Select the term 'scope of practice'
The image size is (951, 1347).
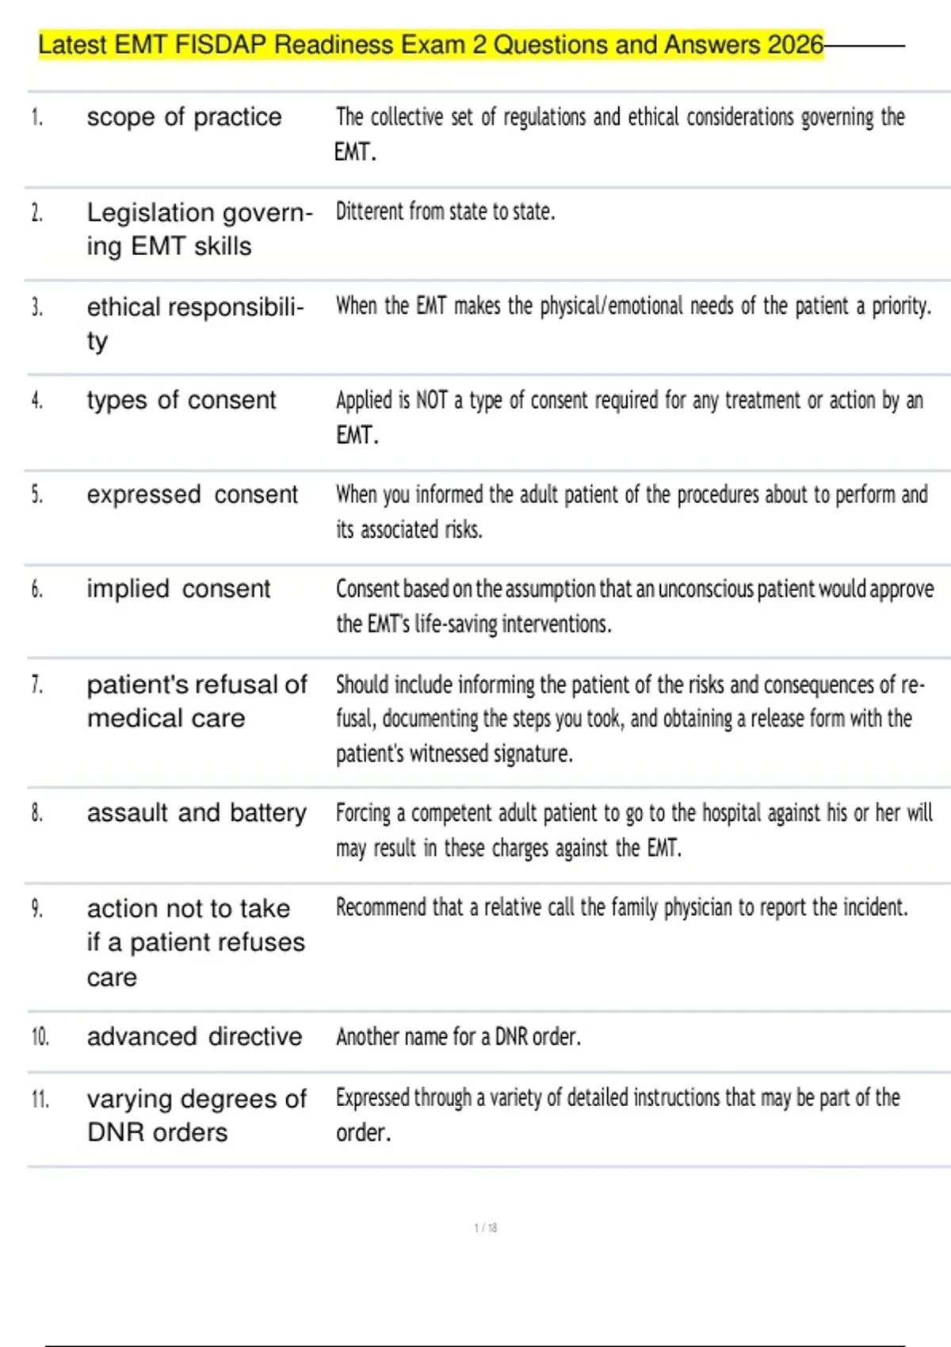pos(184,117)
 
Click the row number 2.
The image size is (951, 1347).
pos(36,212)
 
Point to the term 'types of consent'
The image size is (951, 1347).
pos(181,400)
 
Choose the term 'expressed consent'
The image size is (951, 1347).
pos(192,494)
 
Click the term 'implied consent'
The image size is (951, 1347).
pos(178,589)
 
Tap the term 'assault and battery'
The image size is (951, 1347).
pos(197,813)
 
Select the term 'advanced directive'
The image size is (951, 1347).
pos(194,1036)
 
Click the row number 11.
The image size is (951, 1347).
pos(40,1099)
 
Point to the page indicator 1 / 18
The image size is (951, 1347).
pos(485,1227)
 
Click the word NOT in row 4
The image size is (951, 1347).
pos(432,401)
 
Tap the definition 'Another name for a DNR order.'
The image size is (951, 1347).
pos(458,1036)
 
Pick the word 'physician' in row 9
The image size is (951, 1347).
pos(697,907)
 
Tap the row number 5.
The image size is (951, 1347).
pos(36,494)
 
